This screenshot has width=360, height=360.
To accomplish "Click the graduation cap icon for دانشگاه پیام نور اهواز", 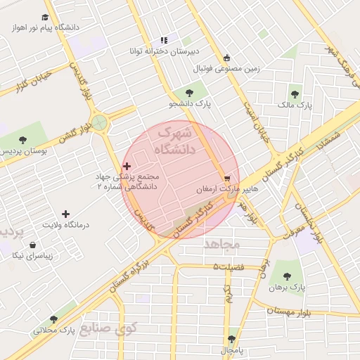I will (x=46, y=17).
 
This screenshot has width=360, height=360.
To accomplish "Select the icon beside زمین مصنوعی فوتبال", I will (x=226, y=58).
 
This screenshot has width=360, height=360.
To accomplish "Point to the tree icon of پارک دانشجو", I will (x=187, y=92).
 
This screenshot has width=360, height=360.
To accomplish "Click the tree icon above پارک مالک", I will (x=295, y=91).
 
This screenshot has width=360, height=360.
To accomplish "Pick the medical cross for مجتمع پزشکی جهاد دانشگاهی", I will (x=127, y=166).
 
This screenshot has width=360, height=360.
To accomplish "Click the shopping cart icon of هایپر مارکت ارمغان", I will (x=227, y=179).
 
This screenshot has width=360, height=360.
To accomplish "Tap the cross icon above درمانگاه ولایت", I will (x=66, y=213).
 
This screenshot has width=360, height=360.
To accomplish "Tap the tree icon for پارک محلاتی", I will (x=53, y=319).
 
